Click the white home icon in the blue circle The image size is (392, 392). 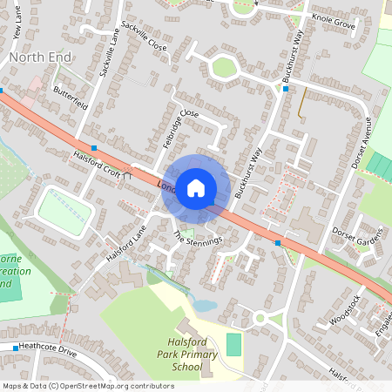point(196,187)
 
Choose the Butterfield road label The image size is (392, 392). point(71,97)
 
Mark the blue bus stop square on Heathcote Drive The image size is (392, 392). point(16,348)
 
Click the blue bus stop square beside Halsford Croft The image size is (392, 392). point(94,149)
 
